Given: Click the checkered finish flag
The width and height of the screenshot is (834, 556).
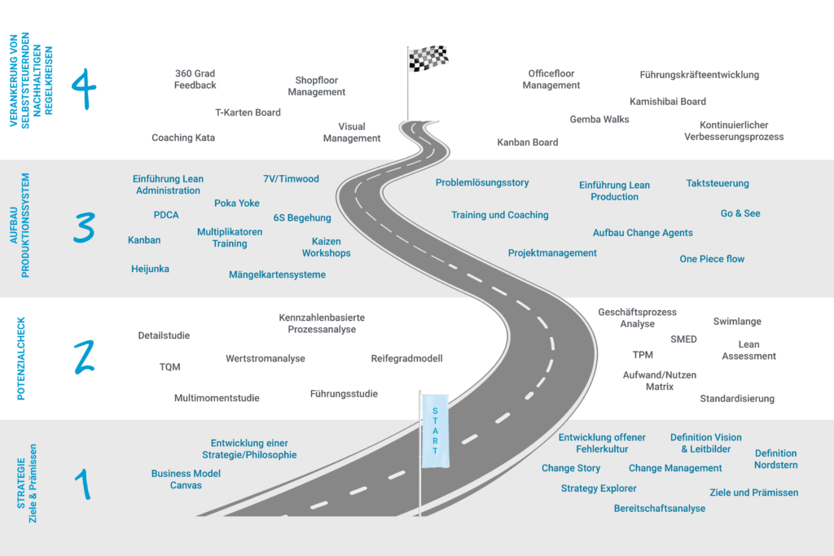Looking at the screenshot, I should tap(428, 59).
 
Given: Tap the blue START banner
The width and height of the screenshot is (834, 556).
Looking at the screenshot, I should tap(435, 431).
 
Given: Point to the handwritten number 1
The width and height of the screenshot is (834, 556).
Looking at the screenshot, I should tap(82, 484).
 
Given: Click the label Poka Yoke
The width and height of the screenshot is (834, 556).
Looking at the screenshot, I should tap(237, 204).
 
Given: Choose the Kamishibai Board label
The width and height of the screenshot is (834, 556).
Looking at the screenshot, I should tap(668, 102).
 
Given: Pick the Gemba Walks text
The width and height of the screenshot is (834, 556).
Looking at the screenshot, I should tap(599, 120).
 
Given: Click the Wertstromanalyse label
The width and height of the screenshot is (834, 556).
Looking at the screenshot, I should tap(266, 358).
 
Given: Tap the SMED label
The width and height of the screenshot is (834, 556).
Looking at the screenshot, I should tap(683, 339).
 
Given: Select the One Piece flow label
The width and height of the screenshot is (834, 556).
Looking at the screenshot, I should tap(712, 259).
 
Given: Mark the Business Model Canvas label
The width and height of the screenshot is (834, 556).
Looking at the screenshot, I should tap(186, 479).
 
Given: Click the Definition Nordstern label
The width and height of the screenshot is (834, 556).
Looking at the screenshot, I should tap(775, 459).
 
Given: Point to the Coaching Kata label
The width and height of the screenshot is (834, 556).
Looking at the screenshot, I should tap(183, 138).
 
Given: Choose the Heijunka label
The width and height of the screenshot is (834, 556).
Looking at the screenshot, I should tap(150, 269).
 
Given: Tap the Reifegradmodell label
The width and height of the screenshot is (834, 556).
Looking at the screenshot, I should tap(406, 358).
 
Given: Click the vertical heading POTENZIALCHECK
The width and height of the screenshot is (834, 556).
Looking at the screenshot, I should tap(22, 359).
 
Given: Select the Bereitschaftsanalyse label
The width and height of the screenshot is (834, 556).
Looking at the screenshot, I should tap(660, 509).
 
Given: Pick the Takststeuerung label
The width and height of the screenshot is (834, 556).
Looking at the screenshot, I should tap(718, 184).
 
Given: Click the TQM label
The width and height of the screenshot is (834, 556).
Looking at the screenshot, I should tap(169, 367).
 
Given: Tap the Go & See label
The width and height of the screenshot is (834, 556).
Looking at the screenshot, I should tap(740, 213).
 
